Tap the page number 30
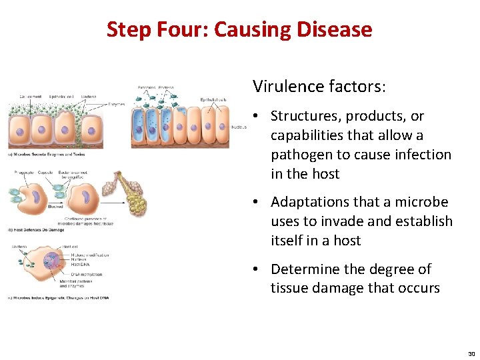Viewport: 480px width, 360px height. click(471, 353)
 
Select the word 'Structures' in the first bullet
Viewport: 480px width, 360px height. click(307, 116)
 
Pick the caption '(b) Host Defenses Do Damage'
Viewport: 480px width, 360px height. click(37, 230)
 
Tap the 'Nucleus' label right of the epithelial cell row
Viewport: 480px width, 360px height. click(239, 127)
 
